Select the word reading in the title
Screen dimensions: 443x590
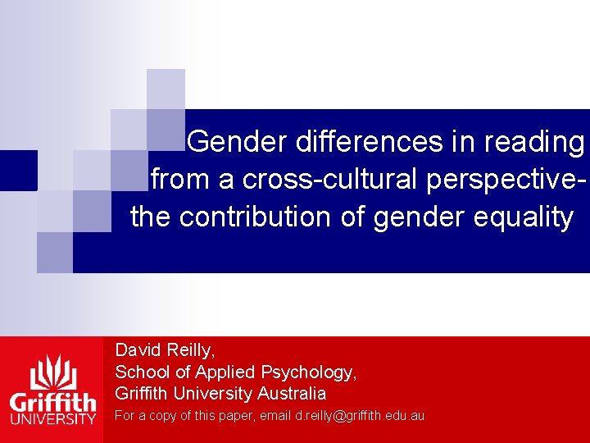[x=534, y=142]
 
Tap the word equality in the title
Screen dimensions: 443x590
[x=529, y=217]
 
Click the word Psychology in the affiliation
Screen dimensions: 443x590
[x=313, y=372]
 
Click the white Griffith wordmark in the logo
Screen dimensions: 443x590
[x=52, y=403]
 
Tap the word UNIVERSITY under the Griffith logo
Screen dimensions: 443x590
[x=52, y=420]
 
